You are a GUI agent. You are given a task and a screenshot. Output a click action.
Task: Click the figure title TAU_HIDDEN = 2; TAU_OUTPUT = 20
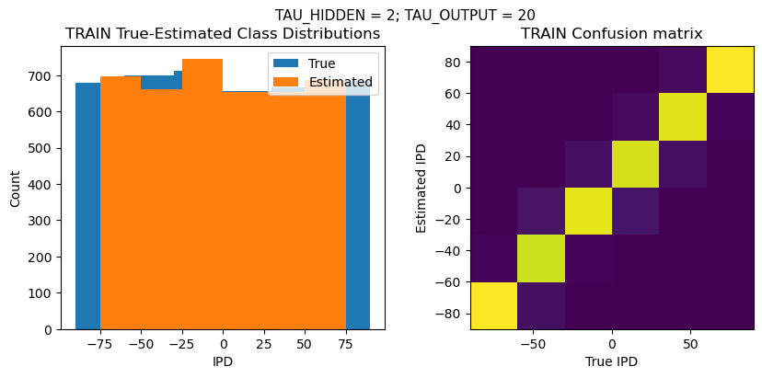[405, 15]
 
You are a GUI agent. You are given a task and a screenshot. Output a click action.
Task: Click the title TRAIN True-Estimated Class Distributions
[223, 34]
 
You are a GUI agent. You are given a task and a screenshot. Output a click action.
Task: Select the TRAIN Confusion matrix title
[611, 34]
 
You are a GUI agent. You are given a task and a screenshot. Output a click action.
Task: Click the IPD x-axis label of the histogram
[223, 361]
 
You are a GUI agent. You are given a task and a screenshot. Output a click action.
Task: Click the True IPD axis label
[611, 361]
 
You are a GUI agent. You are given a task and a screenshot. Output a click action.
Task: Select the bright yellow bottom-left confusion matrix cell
[493, 305]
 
